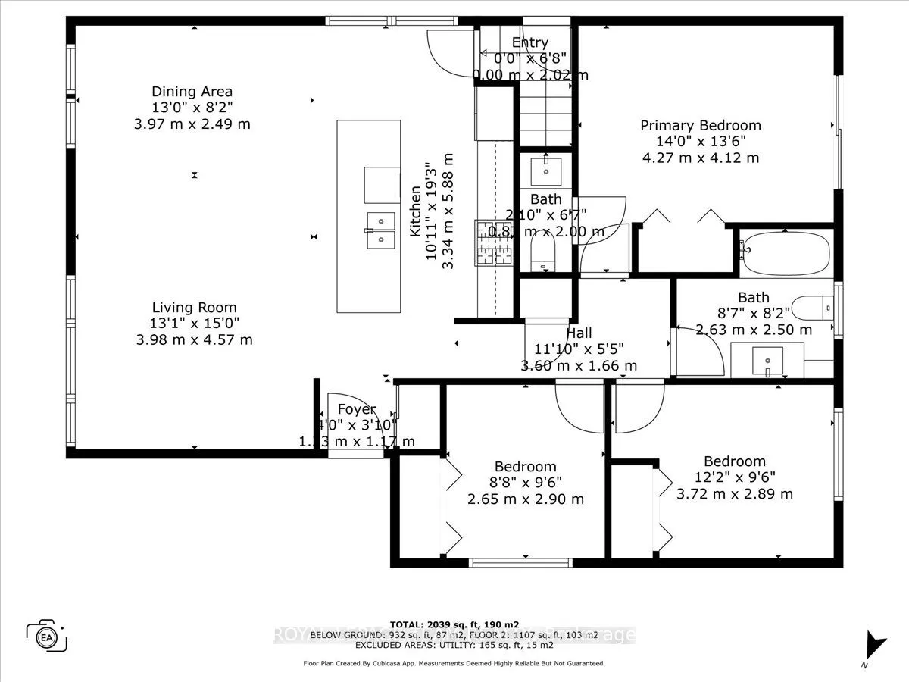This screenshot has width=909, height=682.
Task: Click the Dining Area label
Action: coord(192,92)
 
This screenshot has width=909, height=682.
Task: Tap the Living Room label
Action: coord(194,308)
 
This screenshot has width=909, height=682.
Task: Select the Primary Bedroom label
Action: coord(700,126)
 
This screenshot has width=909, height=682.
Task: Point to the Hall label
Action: coord(579,333)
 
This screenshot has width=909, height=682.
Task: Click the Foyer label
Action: coord(356,410)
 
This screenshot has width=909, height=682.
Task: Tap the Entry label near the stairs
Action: coord(529,43)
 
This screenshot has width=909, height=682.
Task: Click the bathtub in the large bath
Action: coord(784,254)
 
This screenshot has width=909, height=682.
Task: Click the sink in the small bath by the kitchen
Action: coord(545,170)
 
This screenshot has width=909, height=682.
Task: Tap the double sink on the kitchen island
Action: coord(382,230)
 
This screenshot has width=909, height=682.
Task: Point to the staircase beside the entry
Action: coord(545,114)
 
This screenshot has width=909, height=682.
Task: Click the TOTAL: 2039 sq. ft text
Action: coord(454,624)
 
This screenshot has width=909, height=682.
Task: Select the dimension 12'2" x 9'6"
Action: coord(734,477)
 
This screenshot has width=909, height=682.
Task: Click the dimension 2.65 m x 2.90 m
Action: coord(525,499)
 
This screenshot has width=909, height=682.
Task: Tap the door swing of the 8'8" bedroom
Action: coord(579,405)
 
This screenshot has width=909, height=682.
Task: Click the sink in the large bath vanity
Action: coord(767,361)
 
